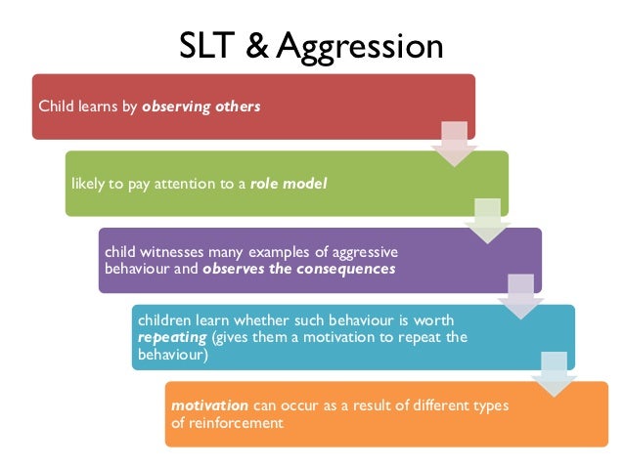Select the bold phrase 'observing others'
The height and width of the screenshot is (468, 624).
click(x=201, y=106)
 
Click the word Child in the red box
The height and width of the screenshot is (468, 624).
click(x=54, y=106)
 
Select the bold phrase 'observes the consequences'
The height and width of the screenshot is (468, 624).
click(x=298, y=268)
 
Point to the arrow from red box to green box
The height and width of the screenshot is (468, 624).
click(x=453, y=142)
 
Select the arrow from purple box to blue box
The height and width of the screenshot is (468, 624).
click(x=519, y=294)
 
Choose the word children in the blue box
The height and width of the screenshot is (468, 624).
click(x=166, y=320)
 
